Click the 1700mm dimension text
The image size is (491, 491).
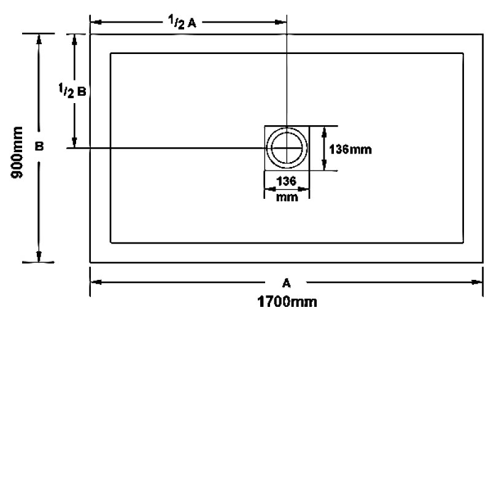[287, 302]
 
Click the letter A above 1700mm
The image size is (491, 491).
[286, 283]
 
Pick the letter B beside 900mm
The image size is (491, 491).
[39, 147]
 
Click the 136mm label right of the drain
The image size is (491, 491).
[350, 149]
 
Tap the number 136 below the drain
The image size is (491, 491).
[287, 181]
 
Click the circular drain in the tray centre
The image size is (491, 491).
[287, 148]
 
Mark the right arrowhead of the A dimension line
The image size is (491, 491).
[478, 282]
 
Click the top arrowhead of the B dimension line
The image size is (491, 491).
[39, 39]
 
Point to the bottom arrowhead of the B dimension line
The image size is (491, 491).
[39, 258]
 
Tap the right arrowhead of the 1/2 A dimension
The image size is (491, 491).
[282, 23]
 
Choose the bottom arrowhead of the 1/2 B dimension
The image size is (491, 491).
[74, 143]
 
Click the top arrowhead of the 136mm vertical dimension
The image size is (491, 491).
[323, 131]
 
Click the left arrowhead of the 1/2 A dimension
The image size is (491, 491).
[95, 23]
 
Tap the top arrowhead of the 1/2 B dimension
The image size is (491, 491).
[74, 39]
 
